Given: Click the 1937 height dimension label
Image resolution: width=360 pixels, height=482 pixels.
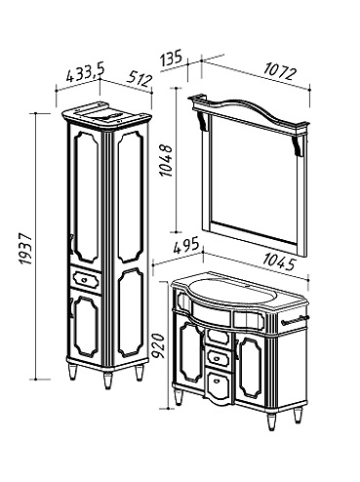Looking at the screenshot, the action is [25, 249].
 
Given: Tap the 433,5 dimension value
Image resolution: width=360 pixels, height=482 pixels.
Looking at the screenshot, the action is [85, 73].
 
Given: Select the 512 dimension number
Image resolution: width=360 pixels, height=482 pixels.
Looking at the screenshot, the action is [140, 79].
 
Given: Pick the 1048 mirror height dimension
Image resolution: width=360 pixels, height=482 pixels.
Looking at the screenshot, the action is [167, 161].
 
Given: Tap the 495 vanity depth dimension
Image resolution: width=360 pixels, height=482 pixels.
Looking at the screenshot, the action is [185, 246].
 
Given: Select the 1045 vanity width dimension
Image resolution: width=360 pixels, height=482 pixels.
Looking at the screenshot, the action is [279, 261].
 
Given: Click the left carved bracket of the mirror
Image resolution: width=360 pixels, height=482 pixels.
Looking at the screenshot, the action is [203, 122].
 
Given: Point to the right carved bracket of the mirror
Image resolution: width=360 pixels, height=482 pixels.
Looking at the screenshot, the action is [299, 146].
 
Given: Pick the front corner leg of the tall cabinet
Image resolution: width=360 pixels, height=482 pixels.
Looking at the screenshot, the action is [107, 380].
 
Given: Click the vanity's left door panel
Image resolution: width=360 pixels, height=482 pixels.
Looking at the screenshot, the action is [191, 351].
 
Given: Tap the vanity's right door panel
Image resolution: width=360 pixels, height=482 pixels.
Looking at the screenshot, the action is [251, 368].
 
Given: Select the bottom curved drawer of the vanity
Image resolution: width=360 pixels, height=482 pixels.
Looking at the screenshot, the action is [219, 387].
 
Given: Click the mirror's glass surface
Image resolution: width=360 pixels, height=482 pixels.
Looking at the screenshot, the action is [254, 179].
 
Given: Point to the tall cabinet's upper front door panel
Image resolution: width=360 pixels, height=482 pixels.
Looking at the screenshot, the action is [86, 197].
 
